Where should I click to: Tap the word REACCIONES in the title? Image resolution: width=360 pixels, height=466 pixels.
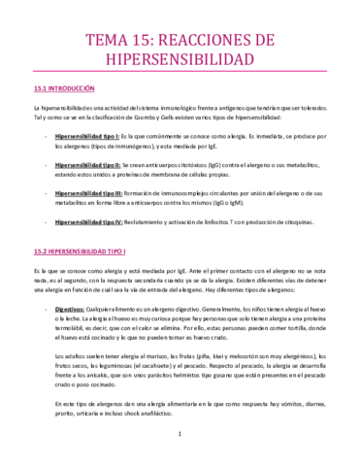(x=224, y=40)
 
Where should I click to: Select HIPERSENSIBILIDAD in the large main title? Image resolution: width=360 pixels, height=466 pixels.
(x=180, y=60)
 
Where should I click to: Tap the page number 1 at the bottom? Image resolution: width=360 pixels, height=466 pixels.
(x=180, y=447)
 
